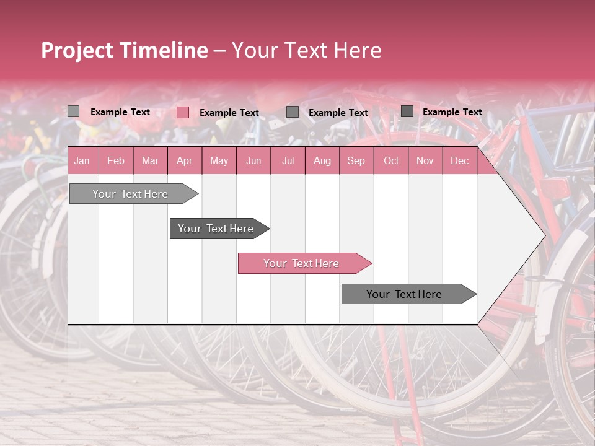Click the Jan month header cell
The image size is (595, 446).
pyautogui.click(x=82, y=161)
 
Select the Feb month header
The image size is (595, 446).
pyautogui.click(x=116, y=161)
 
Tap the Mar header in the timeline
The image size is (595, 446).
pyautogui.click(x=150, y=161)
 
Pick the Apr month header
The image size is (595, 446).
pyautogui.click(x=185, y=161)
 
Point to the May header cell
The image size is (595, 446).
pyautogui.click(x=219, y=161)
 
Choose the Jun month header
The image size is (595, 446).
pyautogui.click(x=253, y=161)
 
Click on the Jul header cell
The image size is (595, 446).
pyautogui.click(x=288, y=161)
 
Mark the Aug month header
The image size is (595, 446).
pyautogui.click(x=322, y=161)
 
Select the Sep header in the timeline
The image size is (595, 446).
pyautogui.click(x=356, y=161)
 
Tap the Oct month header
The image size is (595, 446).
pyautogui.click(x=391, y=161)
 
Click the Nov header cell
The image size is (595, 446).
pyautogui.click(x=425, y=161)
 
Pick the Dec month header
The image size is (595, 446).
pyautogui.click(x=460, y=161)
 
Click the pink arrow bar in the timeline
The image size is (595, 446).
pyautogui.click(x=302, y=263)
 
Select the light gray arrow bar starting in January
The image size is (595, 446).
pyautogui.click(x=131, y=194)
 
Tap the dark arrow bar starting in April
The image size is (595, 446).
pyautogui.click(x=216, y=229)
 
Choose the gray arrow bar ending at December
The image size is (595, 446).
pyautogui.click(x=405, y=294)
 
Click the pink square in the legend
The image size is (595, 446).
pyautogui.click(x=183, y=112)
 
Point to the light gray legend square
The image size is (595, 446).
pyautogui.click(x=74, y=111)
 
